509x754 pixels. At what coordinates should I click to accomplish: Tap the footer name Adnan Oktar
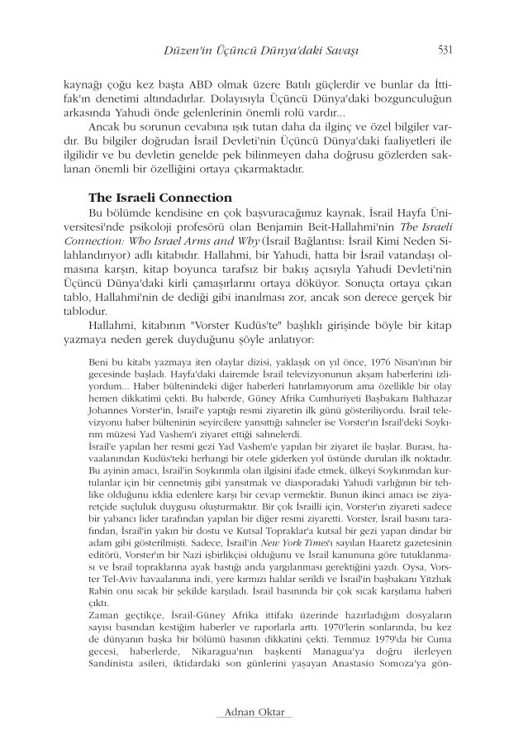pyautogui.click(x=254, y=712)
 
